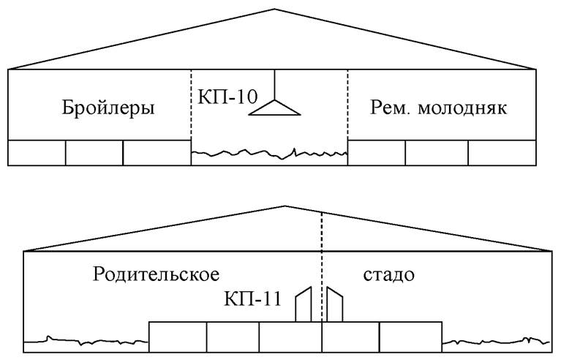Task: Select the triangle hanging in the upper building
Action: coord(275,108)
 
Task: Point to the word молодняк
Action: coord(464,110)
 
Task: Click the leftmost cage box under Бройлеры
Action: coord(37,152)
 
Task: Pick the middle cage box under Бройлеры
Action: coord(94,152)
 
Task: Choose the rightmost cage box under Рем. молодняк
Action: coord(501,152)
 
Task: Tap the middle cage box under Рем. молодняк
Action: coord(437,152)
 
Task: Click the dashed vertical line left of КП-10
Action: coord(191,110)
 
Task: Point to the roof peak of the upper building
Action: coord(275,10)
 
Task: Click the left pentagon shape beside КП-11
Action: coord(304,304)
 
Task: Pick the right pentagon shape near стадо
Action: coord(335,304)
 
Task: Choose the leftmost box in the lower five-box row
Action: coord(178,337)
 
